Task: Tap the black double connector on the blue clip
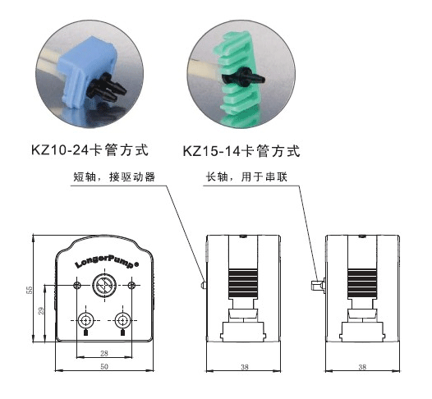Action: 105,89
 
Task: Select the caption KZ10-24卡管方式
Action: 90,150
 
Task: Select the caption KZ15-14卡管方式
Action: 241,151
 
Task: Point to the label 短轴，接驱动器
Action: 114,177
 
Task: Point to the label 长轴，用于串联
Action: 246,177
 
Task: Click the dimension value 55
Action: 30,290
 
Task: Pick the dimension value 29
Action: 41,311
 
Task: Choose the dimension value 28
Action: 104,353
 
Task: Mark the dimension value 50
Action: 104,366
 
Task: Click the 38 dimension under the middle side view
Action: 245,367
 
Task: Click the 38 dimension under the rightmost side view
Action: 362,367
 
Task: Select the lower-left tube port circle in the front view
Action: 85,320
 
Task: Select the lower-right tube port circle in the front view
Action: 122,320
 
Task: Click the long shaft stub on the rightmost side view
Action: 317,285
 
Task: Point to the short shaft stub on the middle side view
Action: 204,284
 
